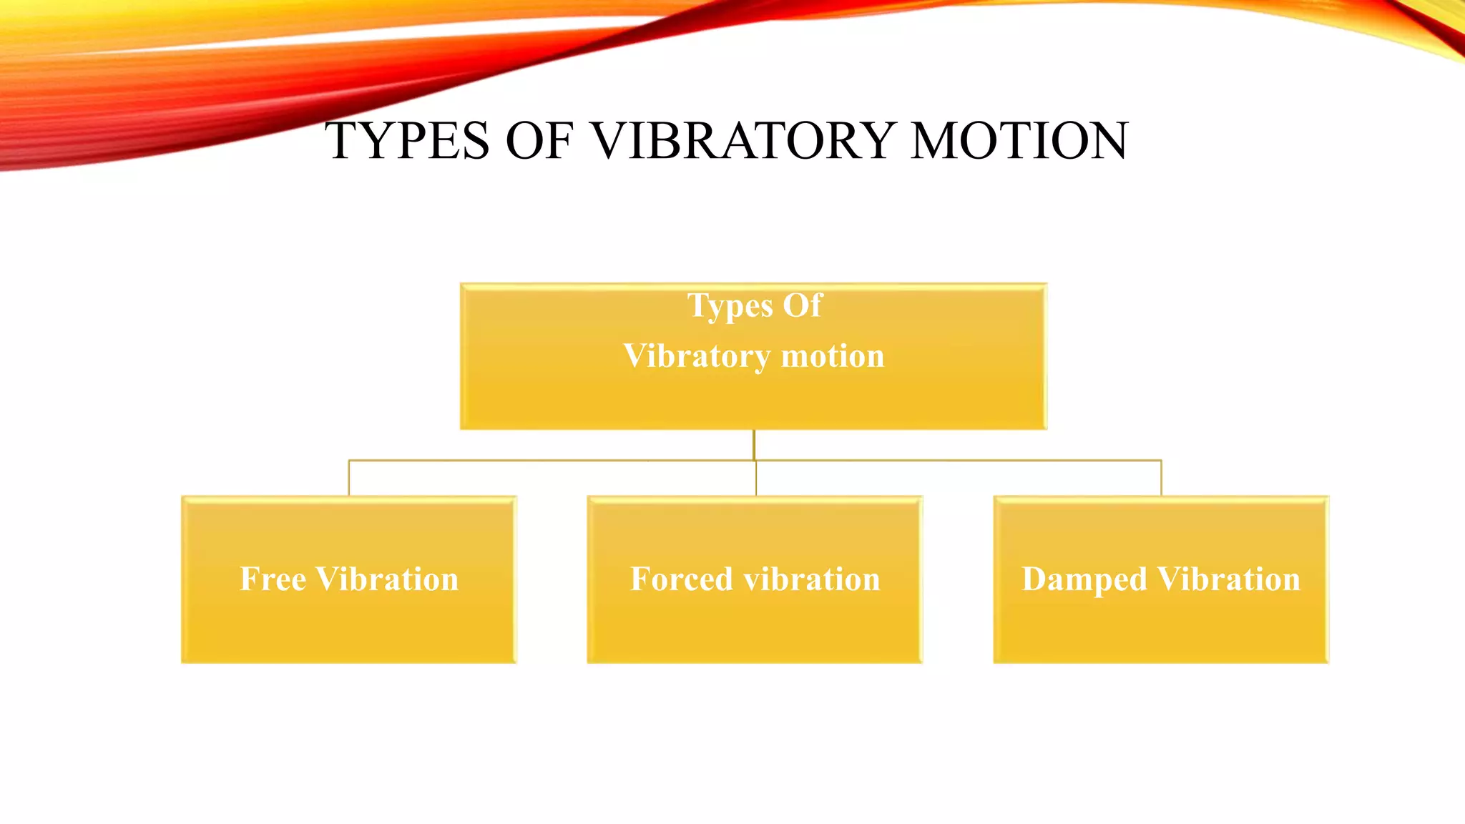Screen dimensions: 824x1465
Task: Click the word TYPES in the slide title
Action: [x=407, y=140]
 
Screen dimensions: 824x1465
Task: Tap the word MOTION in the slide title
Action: [x=1019, y=140]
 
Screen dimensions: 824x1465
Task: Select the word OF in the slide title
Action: [x=539, y=140]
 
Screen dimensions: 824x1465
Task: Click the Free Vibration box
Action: [x=348, y=615]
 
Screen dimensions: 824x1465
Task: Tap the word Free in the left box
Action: [x=273, y=579]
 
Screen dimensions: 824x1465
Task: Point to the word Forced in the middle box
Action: [x=681, y=579]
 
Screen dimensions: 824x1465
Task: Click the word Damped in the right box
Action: [x=1084, y=580]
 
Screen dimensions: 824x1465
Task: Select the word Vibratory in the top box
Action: [x=697, y=356]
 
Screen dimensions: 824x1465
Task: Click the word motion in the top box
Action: [x=833, y=356]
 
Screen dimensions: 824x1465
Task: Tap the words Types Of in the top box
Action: [x=754, y=305]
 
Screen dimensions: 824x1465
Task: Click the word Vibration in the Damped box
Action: [x=1228, y=579]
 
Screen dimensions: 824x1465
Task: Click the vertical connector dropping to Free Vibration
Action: [x=349, y=478]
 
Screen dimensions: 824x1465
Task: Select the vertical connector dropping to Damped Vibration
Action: [x=1161, y=478]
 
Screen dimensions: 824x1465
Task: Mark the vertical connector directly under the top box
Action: [x=754, y=444]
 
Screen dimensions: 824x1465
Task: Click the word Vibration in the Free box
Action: [x=387, y=579]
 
